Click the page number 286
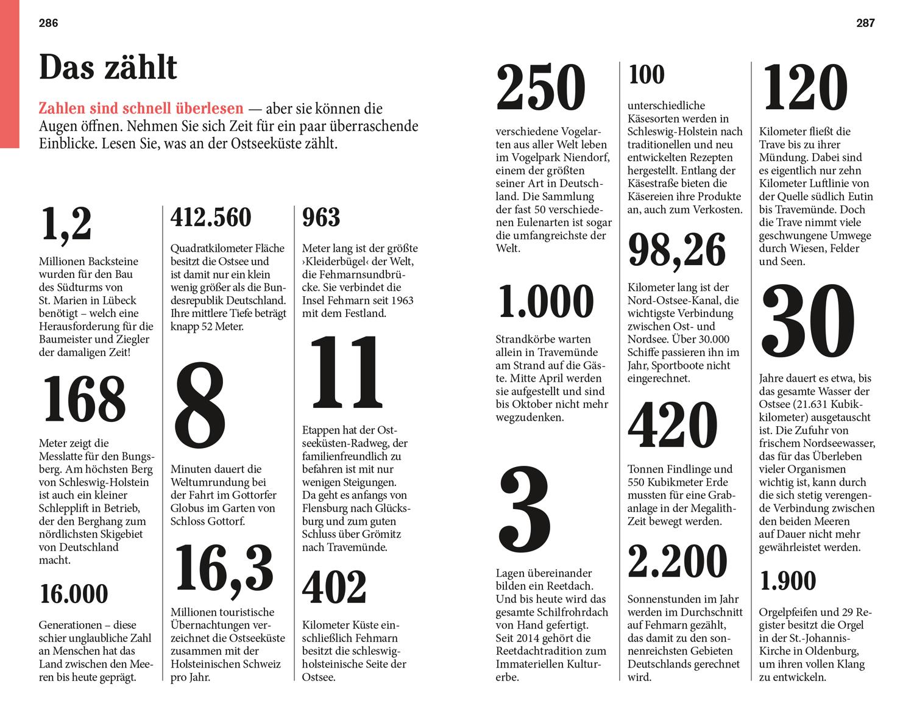48,23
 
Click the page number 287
865,23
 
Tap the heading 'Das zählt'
108,67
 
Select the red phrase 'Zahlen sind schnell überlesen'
141,109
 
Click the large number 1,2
66,224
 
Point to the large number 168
83,399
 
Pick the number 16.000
74,594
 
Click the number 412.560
211,218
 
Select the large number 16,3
224,569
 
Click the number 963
321,218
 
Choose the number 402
335,588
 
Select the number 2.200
678,562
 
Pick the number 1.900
788,581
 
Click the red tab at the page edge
10,74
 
